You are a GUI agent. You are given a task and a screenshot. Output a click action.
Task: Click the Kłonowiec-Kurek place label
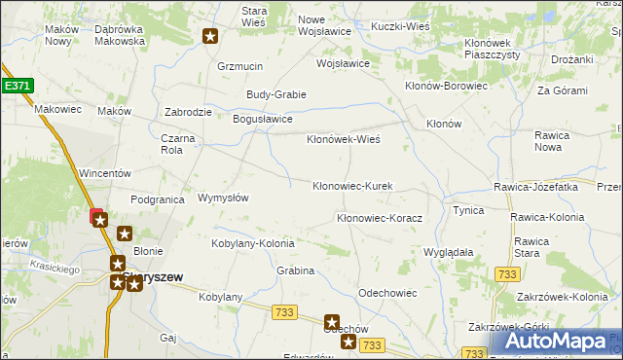[x=351, y=186]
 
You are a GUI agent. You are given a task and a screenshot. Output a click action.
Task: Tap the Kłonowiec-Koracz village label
[x=379, y=219]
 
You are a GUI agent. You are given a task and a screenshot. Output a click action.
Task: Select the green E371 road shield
[x=18, y=86]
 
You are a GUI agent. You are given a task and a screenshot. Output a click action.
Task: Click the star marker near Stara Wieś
[x=211, y=37]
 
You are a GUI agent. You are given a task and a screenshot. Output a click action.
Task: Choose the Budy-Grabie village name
[x=276, y=94]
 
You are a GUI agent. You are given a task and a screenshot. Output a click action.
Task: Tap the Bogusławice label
[x=262, y=119]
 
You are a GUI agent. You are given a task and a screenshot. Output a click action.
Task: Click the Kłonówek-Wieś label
[x=343, y=139]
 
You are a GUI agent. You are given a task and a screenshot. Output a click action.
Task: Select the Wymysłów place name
[x=223, y=198]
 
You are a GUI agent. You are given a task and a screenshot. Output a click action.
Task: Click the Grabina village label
[x=295, y=270]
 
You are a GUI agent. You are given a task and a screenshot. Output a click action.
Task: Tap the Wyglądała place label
[x=448, y=252]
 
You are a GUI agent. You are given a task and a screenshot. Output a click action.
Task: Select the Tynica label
[x=468, y=210]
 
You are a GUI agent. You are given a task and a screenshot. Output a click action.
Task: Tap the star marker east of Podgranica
[x=125, y=234]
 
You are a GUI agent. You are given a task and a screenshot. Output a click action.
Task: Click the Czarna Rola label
[x=178, y=144]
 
